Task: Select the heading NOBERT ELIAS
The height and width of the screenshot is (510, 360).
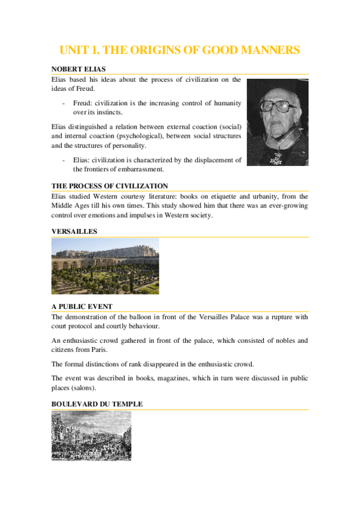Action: (x=79, y=70)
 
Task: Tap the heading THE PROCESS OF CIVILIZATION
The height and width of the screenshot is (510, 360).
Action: (x=109, y=186)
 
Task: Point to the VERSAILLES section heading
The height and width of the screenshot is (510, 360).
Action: (x=75, y=231)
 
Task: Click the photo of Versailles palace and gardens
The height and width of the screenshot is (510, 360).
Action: (x=105, y=265)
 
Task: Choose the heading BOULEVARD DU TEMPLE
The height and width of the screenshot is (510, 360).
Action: (x=97, y=404)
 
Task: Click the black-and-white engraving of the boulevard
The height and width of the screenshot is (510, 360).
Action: (x=91, y=435)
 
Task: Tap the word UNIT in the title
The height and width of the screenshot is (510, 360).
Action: (x=73, y=50)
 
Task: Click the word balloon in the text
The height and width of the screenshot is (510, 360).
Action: (x=147, y=316)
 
